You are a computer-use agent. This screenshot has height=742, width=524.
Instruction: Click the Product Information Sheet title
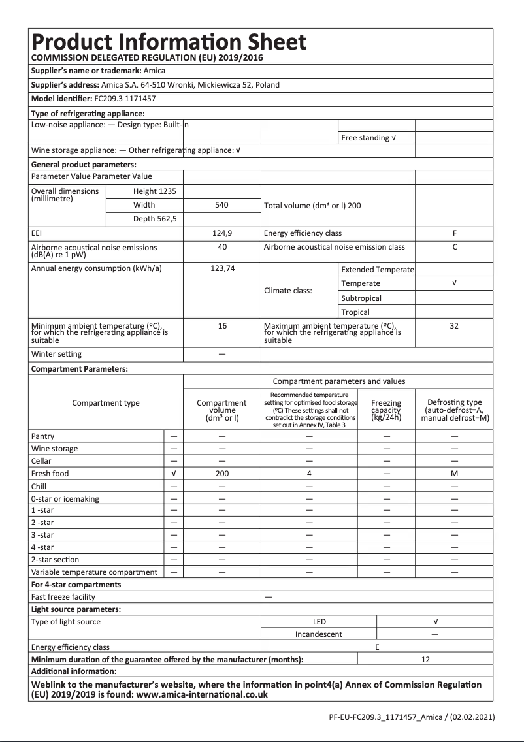[169, 42]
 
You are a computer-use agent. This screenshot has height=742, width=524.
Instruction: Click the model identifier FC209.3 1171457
[125, 99]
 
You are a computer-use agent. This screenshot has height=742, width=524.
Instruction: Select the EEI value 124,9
[222, 233]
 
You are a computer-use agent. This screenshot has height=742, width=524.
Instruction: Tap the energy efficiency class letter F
[454, 233]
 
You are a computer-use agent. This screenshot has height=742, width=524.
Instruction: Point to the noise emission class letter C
[454, 247]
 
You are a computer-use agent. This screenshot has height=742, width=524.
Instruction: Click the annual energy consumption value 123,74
[222, 269]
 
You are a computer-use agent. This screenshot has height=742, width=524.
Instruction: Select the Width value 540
[222, 205]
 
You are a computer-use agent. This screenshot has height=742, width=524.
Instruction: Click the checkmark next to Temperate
[454, 283]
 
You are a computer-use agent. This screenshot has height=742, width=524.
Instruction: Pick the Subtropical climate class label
[361, 298]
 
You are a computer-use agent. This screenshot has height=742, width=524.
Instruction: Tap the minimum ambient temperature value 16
[222, 325]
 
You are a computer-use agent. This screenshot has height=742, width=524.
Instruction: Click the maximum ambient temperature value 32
[454, 325]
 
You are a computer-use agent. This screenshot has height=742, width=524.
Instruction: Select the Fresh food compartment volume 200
[222, 474]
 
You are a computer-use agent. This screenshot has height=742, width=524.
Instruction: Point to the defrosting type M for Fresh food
[454, 474]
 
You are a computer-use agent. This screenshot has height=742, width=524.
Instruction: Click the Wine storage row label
[55, 449]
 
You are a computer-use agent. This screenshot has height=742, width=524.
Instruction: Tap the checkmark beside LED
[435, 622]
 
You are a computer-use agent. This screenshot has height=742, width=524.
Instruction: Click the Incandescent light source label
[319, 634]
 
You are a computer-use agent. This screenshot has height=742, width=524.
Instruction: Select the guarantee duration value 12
[425, 660]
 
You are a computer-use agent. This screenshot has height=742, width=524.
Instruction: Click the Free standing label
[368, 138]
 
